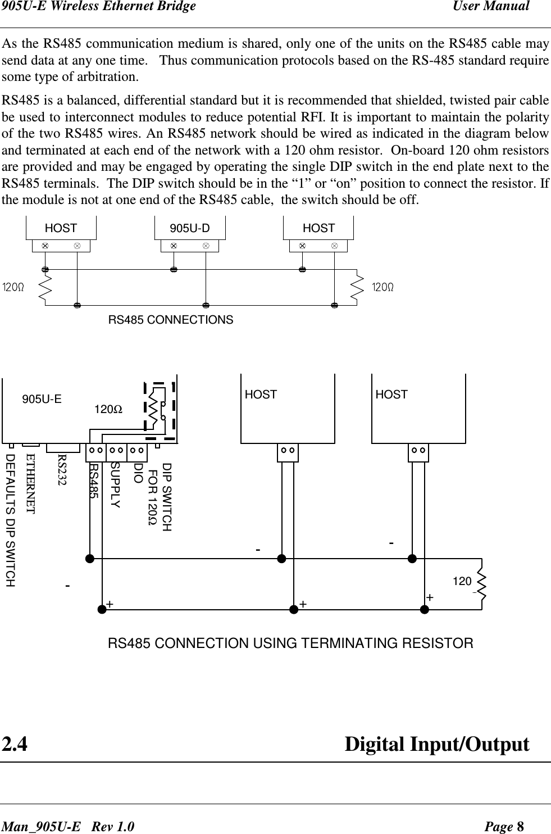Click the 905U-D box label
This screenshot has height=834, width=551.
tap(190, 228)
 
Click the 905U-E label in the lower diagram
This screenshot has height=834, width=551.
tap(42, 400)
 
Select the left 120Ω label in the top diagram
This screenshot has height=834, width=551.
tap(13, 288)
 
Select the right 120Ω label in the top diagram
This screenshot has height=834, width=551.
tap(383, 288)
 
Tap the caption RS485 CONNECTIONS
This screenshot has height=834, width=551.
tap(171, 320)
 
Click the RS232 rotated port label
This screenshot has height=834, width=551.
tap(62, 471)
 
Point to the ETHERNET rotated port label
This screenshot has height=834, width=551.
tap(31, 483)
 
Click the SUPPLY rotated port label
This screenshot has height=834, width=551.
tap(115, 485)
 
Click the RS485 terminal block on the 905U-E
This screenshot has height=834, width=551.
tap(95, 451)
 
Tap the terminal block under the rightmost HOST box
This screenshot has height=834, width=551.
tap(418, 451)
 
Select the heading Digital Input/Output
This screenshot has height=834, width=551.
tap(436, 745)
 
